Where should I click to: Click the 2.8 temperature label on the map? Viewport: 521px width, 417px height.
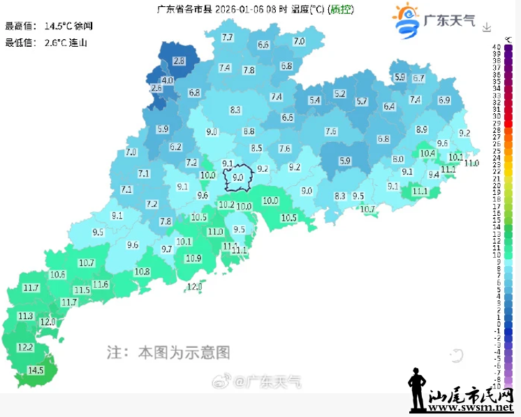pos(179,61)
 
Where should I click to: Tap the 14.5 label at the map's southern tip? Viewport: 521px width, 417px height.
pos(35,370)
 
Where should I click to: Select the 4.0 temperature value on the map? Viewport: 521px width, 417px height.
pos(168,81)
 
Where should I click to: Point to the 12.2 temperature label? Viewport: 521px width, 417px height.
pos(25,347)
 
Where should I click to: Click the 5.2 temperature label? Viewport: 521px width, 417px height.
pos(340,94)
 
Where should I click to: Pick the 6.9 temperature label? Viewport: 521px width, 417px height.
pos(444,100)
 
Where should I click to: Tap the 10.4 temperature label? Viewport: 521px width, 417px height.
pos(427,153)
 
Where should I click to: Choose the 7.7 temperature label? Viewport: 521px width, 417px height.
pos(227,37)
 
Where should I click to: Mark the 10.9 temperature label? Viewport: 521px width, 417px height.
pos(193,258)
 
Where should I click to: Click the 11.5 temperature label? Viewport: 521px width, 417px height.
pos(82,290)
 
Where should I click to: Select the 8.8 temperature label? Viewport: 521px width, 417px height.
pos(249,131)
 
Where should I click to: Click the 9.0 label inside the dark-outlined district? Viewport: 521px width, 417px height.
pos(237,178)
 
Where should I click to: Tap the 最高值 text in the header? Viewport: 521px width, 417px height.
pos(20,26)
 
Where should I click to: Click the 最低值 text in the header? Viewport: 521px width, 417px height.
pos(20,43)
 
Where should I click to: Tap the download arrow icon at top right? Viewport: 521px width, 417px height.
pos(487,27)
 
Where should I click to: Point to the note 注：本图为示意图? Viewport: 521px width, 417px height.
pos(168,351)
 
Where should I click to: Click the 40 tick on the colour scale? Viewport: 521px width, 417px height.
pos(497,47)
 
